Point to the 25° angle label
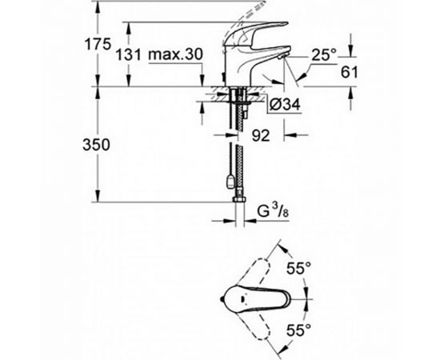(324, 55)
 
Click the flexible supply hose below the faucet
(237, 152)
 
